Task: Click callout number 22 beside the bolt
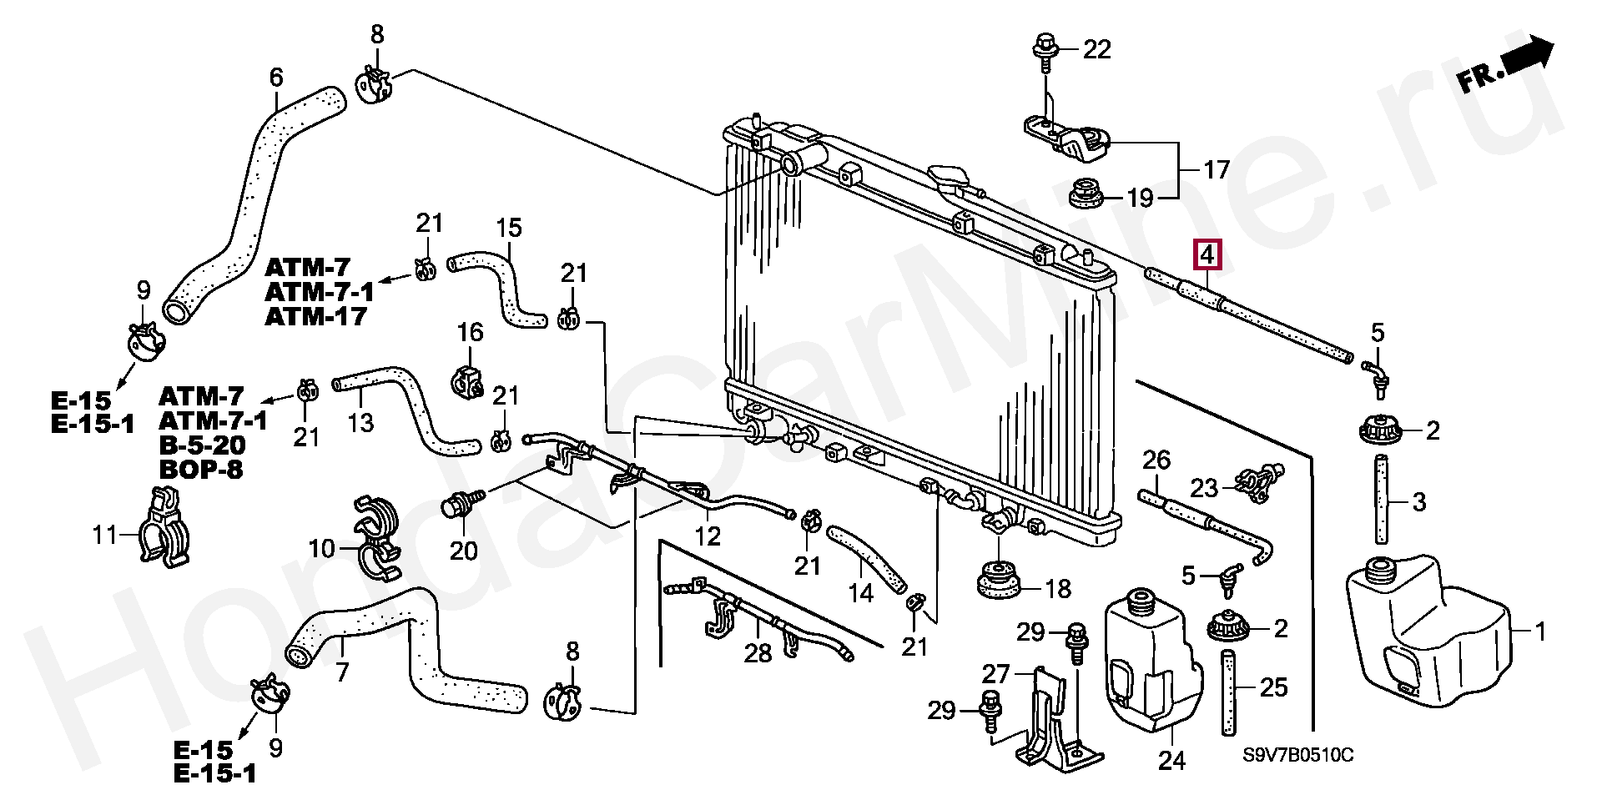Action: coord(1097,50)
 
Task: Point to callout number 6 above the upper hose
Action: coord(276,78)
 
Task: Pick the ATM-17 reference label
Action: coord(315,317)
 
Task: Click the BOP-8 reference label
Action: coord(200,469)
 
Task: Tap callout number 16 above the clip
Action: coord(470,332)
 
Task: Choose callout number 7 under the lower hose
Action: coord(341,671)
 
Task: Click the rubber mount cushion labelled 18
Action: coord(999,577)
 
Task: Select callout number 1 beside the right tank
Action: coord(1540,632)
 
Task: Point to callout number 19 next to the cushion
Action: coord(1140,198)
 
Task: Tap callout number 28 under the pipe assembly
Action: coord(758,652)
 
